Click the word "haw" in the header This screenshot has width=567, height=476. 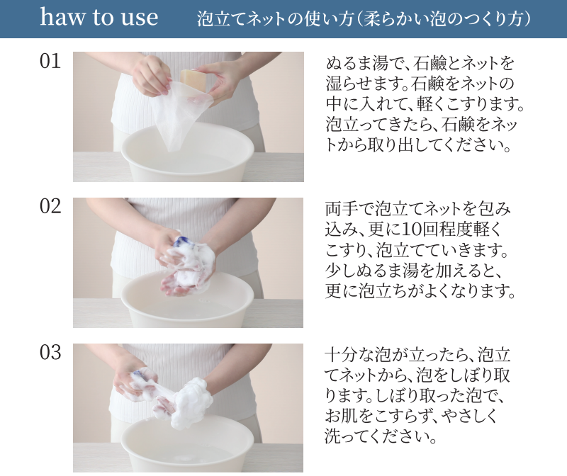[x=62, y=17]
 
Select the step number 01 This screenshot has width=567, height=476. [x=50, y=61]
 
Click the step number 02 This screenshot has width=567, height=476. [x=50, y=206]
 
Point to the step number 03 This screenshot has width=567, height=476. [x=50, y=352]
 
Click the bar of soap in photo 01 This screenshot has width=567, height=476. [x=193, y=79]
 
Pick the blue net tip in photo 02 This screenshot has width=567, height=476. [x=182, y=240]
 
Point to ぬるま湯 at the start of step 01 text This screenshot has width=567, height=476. [x=357, y=64]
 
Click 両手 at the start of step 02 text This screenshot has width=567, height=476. [x=341, y=209]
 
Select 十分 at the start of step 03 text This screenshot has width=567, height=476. [x=341, y=355]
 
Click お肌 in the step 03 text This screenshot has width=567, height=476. [x=341, y=416]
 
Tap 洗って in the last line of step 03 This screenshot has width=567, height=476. [x=346, y=437]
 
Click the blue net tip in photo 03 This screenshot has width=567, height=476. [x=138, y=376]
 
